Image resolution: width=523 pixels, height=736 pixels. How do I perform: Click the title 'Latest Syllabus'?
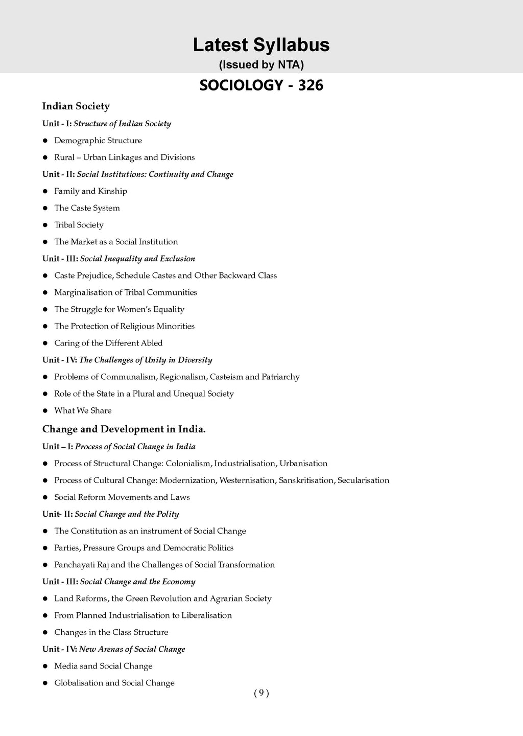pyautogui.click(x=261, y=45)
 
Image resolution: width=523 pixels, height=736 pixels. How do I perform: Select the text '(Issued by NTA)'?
pyautogui.click(x=261, y=65)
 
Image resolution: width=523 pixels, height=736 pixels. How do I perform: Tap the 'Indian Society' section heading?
pyautogui.click(x=76, y=106)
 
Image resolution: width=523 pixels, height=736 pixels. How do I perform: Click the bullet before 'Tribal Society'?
pyautogui.click(x=45, y=225)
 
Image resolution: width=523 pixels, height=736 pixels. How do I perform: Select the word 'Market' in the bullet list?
pyautogui.click(x=84, y=242)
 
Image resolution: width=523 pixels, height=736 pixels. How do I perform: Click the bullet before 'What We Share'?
pyautogui.click(x=45, y=410)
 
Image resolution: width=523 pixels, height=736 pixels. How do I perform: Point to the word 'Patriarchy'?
pyautogui.click(x=280, y=377)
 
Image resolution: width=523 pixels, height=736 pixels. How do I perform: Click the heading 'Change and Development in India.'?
pyautogui.click(x=124, y=429)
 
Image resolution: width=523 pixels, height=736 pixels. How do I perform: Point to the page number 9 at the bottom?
pyautogui.click(x=261, y=693)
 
